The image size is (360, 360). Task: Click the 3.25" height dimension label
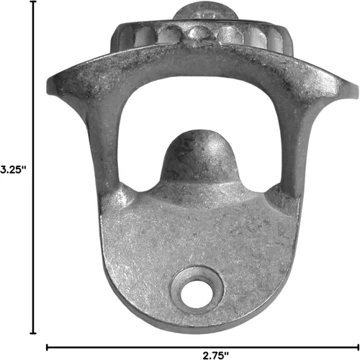[13, 169]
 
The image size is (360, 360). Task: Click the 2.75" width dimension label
[216, 355]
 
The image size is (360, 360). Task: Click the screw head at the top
[205, 11]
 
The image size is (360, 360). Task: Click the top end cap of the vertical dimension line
[33, 1]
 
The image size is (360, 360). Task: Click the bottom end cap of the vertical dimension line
[33, 333]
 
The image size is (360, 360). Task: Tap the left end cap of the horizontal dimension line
[47, 347]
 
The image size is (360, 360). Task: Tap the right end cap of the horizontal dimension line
[358, 347]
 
